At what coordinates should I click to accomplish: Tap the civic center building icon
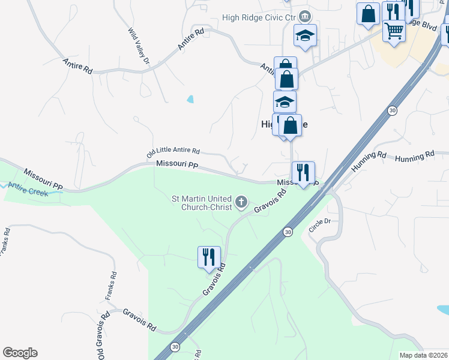click(305, 16)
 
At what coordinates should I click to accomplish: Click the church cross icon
click(241, 202)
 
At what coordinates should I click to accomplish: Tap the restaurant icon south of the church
click(209, 256)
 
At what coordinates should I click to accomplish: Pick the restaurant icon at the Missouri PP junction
click(303, 172)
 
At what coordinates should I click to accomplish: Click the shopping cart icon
click(394, 30)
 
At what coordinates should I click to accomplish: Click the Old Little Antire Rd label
click(173, 154)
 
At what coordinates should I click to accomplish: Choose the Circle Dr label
click(319, 225)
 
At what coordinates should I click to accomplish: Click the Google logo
click(20, 353)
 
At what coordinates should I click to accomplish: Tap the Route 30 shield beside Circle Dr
click(288, 231)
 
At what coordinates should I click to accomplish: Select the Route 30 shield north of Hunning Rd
click(392, 110)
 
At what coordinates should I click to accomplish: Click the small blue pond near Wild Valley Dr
click(190, 99)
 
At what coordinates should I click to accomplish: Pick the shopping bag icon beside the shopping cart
click(368, 13)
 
